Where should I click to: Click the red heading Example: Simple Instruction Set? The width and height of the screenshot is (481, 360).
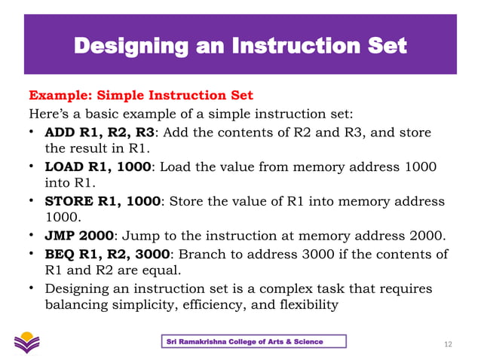pyautogui.click(x=140, y=96)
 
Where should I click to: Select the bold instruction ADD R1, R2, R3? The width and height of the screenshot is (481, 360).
pyautogui.click(x=100, y=133)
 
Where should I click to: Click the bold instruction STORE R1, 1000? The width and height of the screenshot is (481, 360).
pyautogui.click(x=103, y=202)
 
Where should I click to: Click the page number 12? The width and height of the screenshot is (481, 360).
pyautogui.click(x=449, y=344)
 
